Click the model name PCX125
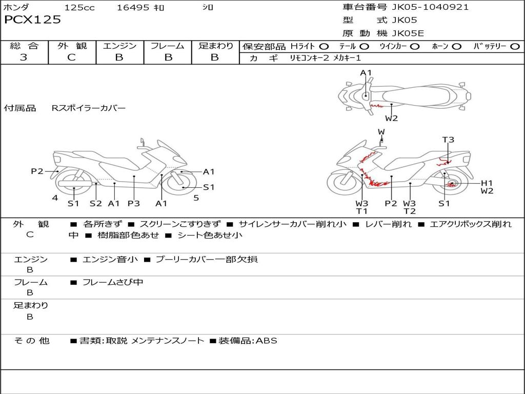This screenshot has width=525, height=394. (32, 19)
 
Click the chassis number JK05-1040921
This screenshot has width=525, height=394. (430, 7)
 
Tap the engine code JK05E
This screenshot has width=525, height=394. (408, 33)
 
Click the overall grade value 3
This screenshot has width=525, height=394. (24, 57)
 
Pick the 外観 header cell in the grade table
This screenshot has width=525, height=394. (72, 46)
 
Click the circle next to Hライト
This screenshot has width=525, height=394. (324, 47)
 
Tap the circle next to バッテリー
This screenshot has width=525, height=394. (515, 47)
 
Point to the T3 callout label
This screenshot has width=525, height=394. (448, 140)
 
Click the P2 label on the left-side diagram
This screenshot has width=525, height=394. (37, 171)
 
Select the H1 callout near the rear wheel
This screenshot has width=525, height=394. (487, 183)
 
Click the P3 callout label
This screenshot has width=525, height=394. (134, 203)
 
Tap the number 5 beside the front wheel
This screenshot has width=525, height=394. (196, 198)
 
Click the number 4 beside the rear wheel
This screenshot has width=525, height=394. (55, 198)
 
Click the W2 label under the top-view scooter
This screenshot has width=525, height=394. (391, 118)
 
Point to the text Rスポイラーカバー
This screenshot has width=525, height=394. (89, 108)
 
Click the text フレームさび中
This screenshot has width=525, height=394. (113, 283)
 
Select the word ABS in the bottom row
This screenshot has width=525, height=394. (267, 341)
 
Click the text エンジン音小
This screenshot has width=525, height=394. (110, 259)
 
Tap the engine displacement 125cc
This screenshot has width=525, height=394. (79, 7)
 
